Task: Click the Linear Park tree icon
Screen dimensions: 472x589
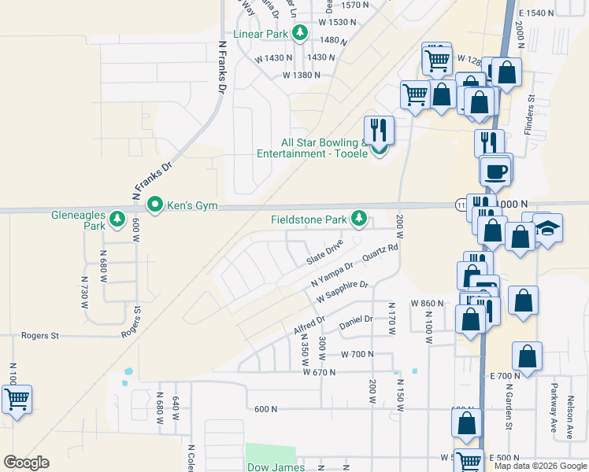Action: click(x=299, y=33)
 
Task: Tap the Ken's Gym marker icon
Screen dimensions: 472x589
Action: click(x=155, y=206)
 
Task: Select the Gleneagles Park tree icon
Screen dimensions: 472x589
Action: click(x=117, y=219)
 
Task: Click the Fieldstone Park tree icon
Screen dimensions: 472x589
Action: click(x=360, y=217)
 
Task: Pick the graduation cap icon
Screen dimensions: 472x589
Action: click(x=547, y=227)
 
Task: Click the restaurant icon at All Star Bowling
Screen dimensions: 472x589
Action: click(x=379, y=130)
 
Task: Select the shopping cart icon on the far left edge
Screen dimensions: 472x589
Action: click(x=17, y=399)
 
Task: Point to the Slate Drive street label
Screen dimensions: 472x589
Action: click(x=325, y=253)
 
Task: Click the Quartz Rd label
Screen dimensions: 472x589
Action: click(x=381, y=253)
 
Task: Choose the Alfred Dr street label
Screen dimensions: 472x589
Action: click(x=309, y=326)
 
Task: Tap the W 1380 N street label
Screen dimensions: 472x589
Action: click(x=302, y=76)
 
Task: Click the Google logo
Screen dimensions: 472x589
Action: click(x=26, y=463)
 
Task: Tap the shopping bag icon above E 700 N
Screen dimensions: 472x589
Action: click(x=527, y=356)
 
